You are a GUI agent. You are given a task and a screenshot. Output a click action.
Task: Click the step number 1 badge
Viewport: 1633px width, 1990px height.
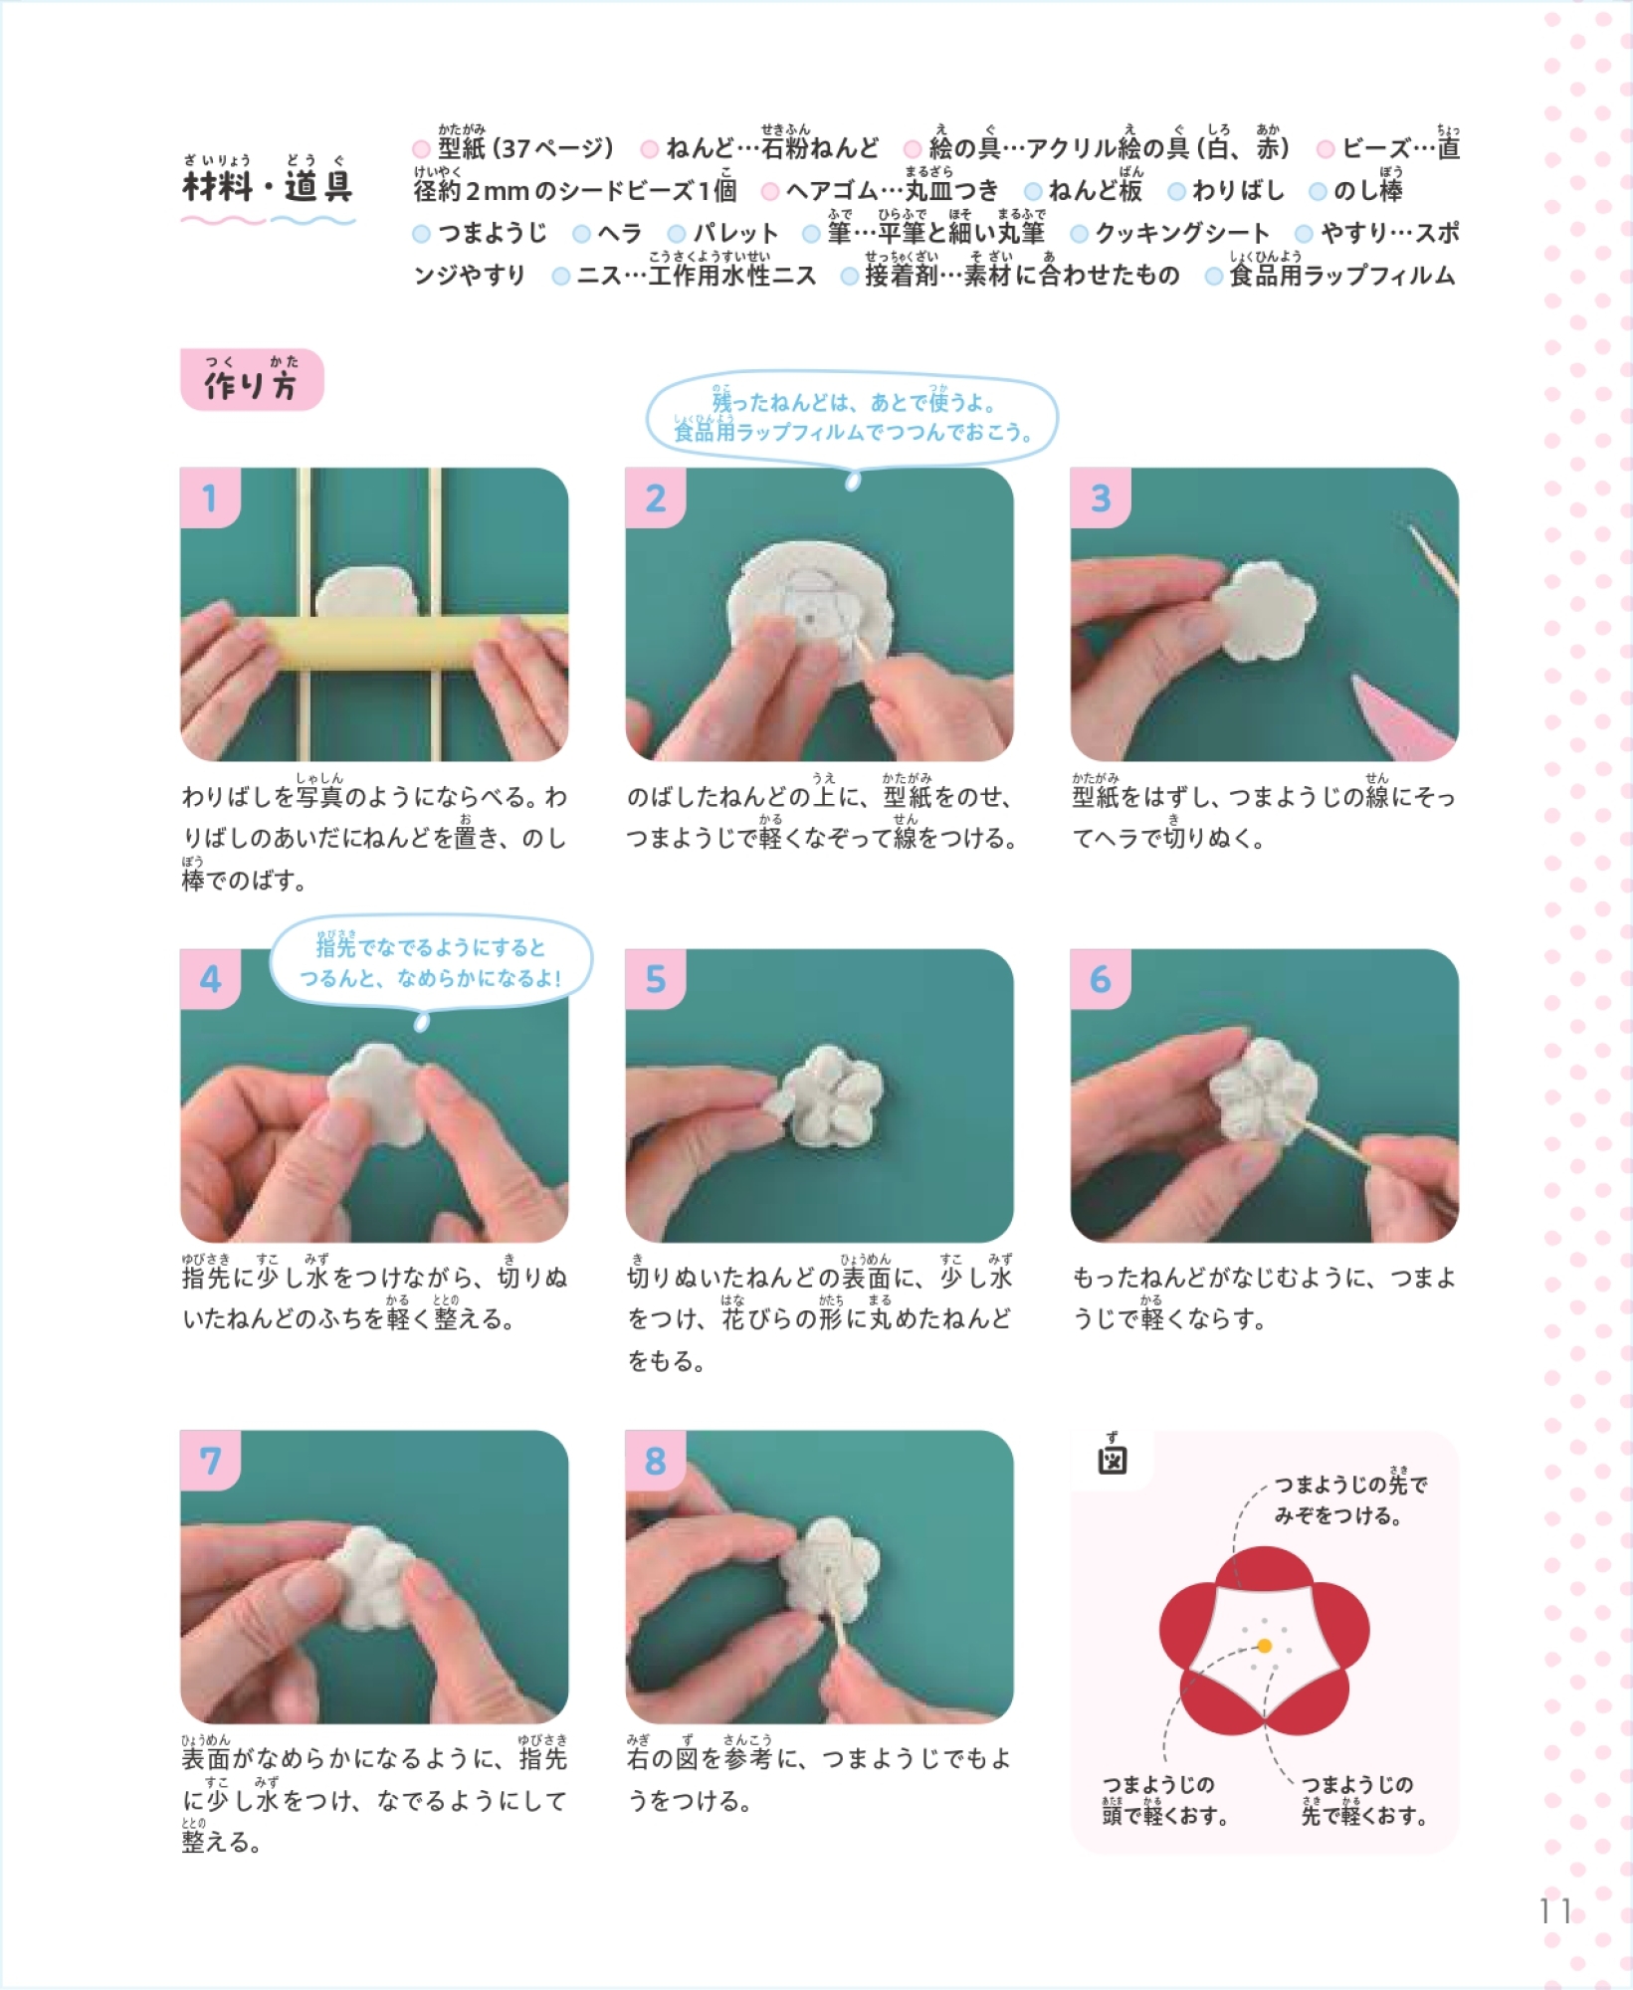tap(210, 497)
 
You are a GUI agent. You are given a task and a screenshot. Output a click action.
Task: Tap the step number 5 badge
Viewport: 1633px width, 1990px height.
tap(655, 978)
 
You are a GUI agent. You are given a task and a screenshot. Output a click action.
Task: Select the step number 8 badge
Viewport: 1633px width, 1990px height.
tap(655, 1460)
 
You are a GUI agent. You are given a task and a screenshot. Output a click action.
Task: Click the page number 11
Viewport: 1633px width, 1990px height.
tap(1554, 1911)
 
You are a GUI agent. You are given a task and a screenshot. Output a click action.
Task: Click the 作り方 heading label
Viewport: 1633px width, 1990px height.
tap(252, 379)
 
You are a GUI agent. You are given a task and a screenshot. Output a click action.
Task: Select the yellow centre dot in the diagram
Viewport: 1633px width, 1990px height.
tap(1264, 1646)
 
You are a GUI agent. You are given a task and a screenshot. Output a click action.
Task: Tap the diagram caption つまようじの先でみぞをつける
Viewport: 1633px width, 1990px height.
tap(1350, 1498)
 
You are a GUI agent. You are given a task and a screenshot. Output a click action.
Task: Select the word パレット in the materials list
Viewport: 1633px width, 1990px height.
tap(735, 233)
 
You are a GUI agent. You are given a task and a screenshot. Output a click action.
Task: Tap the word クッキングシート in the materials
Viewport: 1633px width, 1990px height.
tap(1182, 233)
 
